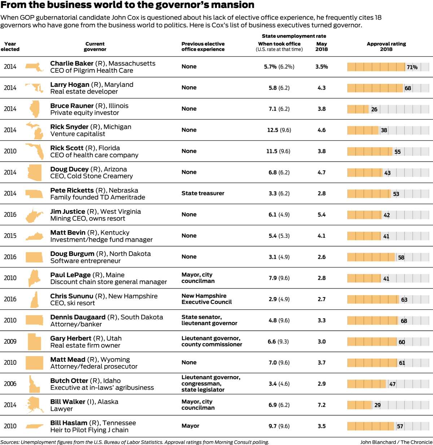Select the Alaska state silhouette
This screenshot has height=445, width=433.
tap(35, 405)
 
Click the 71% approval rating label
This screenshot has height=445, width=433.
tap(412, 67)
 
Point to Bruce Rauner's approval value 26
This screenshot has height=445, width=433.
tap(374, 109)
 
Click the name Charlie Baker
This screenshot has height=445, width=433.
tap(72, 63)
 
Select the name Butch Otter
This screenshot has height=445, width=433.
tap(69, 381)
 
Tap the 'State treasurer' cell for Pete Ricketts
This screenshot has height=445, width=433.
tap(203, 193)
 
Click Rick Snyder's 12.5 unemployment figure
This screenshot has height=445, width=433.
tap(272, 130)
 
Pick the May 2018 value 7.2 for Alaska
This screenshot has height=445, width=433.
tap(322, 405)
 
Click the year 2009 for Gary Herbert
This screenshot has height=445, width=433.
tap(10, 341)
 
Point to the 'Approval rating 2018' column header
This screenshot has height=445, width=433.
tap(386, 46)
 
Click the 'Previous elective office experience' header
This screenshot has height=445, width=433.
tap(203, 46)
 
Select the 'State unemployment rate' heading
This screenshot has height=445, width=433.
tap(294, 36)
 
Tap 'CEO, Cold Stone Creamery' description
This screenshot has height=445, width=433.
tap(92, 176)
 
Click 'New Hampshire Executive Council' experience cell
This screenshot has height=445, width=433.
tap(206, 299)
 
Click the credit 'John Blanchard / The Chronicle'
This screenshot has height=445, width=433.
tap(396, 442)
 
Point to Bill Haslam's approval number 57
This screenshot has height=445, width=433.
tap(400, 426)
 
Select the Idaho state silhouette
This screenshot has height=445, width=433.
tap(34, 384)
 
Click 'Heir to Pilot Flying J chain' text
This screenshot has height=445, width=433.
tap(89, 430)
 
